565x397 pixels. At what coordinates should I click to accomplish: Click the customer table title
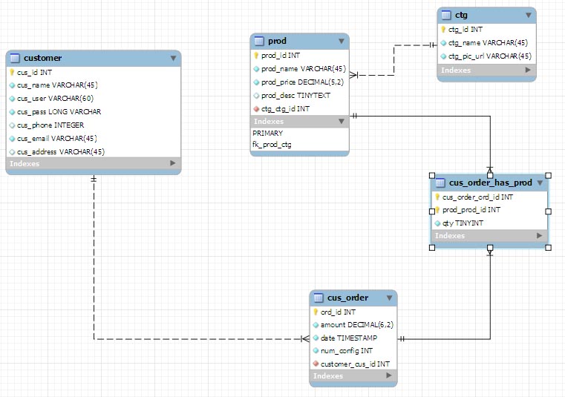42,58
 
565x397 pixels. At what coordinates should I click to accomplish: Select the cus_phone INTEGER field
50,125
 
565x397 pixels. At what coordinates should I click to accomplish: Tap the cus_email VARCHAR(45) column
57,139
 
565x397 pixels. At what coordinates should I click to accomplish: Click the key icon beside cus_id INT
12,73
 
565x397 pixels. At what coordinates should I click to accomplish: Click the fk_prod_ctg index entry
272,145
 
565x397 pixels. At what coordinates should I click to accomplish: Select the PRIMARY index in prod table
268,134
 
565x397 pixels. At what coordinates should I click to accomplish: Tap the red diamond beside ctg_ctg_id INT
256,109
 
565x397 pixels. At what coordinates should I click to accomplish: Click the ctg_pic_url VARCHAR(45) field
490,56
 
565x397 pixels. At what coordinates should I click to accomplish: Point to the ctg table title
461,15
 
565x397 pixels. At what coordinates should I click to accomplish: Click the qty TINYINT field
463,223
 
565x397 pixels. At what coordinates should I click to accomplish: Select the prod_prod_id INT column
471,210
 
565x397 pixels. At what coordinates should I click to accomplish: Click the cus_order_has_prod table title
491,183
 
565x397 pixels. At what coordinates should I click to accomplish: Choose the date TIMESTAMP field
349,338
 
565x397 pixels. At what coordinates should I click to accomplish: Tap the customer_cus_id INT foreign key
356,364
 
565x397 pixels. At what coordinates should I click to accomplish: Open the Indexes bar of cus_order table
353,375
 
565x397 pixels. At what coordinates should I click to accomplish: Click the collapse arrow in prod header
342,42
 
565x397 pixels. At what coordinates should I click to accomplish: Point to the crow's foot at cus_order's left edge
305,339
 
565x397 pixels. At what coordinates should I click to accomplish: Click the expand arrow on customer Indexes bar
173,163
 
